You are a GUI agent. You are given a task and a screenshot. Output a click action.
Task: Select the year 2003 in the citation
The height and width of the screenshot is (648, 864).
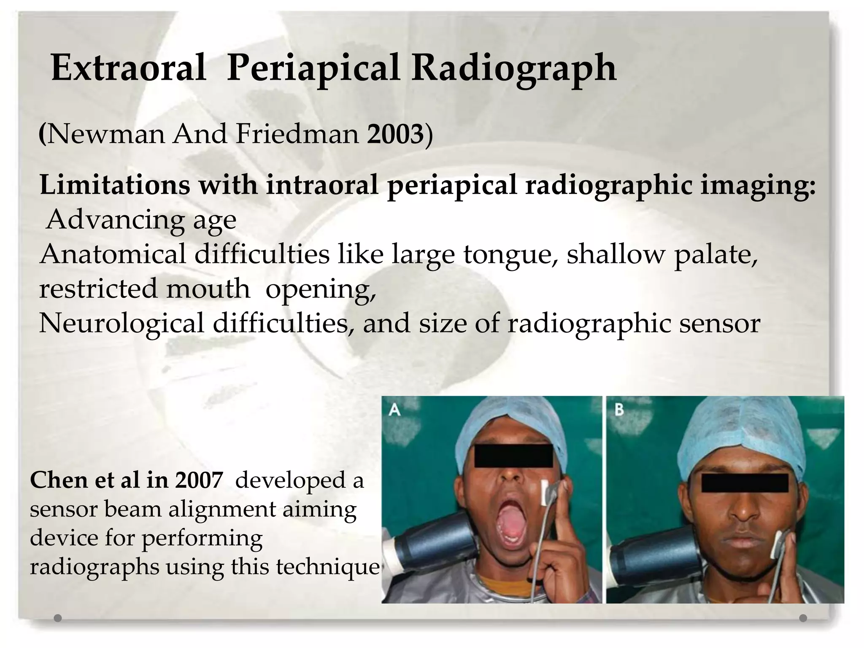pos(395,134)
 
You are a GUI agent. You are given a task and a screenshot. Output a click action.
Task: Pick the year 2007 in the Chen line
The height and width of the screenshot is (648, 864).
pos(199,481)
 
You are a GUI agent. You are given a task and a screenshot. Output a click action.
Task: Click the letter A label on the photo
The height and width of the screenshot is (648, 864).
pos(394,410)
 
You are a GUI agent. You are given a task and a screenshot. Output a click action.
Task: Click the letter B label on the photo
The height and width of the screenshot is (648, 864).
pos(619,410)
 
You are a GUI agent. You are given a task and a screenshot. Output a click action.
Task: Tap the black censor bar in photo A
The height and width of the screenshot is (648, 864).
pos(513,456)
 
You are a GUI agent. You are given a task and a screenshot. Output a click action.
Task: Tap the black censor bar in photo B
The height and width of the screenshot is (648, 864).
pos(745,483)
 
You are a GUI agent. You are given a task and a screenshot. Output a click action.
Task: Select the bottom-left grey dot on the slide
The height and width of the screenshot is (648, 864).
pos(58,618)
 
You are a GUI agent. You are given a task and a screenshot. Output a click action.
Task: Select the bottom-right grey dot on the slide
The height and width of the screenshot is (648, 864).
pos(803,618)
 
